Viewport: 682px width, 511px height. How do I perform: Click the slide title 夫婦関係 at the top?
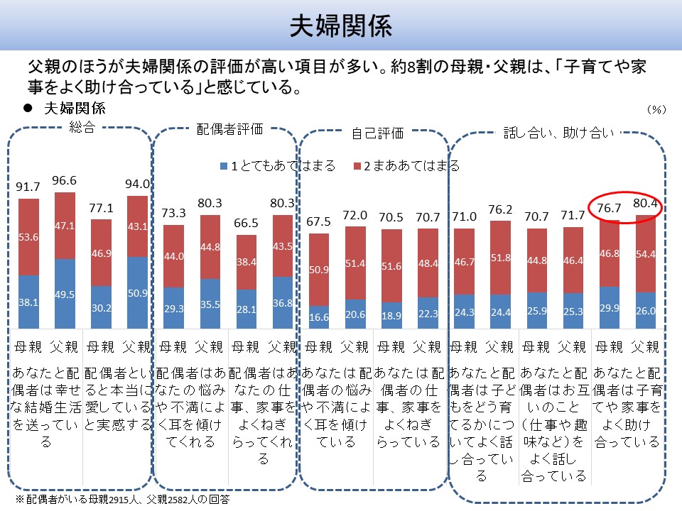pyautogui.click(x=340, y=26)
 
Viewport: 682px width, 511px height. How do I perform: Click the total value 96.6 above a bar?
pyautogui.click(x=64, y=181)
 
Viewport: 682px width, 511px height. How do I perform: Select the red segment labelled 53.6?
pyautogui.click(x=28, y=236)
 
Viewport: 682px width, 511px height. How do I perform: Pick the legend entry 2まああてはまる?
pyautogui.click(x=406, y=166)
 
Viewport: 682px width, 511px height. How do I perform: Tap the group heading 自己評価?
pyautogui.click(x=377, y=132)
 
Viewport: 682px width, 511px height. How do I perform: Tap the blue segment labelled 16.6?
pyautogui.click(x=320, y=317)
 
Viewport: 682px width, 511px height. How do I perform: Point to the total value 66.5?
pyautogui.click(x=247, y=224)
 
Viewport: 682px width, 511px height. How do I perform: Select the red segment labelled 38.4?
pyautogui.click(x=247, y=262)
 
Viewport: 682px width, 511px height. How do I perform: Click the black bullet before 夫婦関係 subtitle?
pyautogui.click(x=29, y=109)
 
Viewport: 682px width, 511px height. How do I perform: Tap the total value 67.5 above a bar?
pyautogui.click(x=319, y=221)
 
